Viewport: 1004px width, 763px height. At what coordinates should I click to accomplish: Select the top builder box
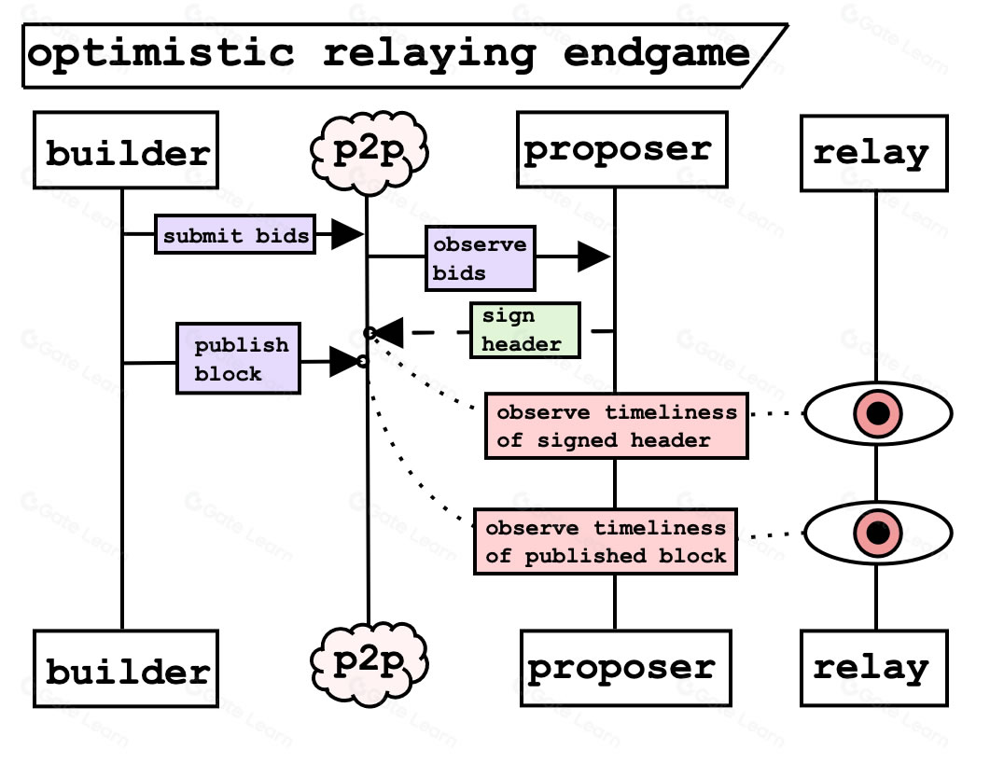tap(126, 150)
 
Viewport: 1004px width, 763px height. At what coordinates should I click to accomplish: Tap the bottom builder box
tap(126, 668)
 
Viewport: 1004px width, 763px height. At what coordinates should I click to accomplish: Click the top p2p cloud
tap(369, 152)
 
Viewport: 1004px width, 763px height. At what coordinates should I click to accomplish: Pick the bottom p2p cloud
tap(369, 664)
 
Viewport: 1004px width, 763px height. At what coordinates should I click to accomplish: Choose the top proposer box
tap(622, 150)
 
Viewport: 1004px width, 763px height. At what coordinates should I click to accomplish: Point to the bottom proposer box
tap(626, 668)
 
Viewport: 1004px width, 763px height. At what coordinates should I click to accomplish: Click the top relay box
tap(874, 153)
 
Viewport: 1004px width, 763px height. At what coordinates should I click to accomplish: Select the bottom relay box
tap(874, 668)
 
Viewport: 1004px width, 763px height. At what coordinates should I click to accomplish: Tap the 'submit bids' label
tap(235, 234)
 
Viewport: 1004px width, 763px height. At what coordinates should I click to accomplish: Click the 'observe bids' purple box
tap(481, 258)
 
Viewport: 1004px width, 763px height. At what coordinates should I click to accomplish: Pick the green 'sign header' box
tap(525, 330)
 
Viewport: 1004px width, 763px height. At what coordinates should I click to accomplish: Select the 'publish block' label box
tap(238, 358)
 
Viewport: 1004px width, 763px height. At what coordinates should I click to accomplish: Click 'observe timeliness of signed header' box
tap(617, 426)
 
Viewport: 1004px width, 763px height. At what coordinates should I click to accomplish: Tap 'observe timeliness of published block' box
tap(606, 542)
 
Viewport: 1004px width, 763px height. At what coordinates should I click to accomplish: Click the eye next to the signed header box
tap(878, 413)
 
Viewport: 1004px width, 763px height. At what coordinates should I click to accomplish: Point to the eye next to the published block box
tap(878, 533)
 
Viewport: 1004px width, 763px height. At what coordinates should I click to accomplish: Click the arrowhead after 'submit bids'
tap(347, 233)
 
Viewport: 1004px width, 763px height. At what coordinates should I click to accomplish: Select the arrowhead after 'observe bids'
tap(593, 257)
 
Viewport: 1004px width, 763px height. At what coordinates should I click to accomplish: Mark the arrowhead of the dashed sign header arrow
tap(388, 332)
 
